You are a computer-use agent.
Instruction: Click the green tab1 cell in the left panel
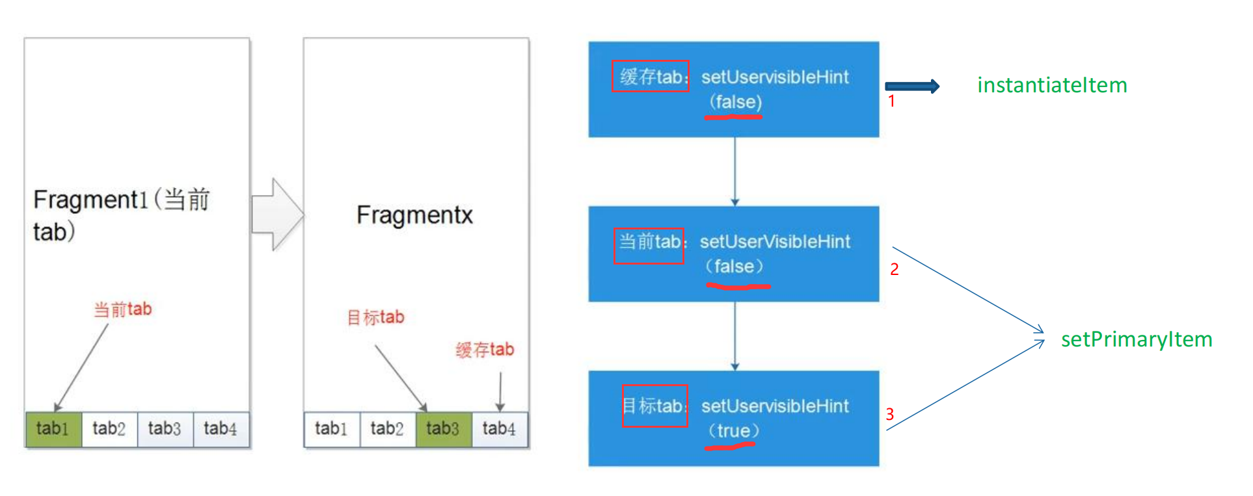coord(53,429)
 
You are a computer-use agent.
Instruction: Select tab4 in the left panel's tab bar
coord(221,429)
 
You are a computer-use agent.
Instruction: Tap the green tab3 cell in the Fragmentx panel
coord(443,429)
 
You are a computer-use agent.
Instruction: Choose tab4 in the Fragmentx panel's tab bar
coord(499,429)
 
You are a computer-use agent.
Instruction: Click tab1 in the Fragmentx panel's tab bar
coord(331,429)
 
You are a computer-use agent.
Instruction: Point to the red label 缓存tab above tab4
coord(485,350)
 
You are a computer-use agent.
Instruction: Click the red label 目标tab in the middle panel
coord(375,317)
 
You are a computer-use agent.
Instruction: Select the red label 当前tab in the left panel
coord(122,309)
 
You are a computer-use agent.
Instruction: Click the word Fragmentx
coord(414,215)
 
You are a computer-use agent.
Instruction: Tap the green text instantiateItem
coord(1051,85)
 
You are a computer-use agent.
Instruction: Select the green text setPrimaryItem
coord(1136,339)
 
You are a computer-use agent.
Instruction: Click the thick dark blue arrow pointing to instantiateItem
coord(912,86)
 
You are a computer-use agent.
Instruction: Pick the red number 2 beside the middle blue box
coord(895,269)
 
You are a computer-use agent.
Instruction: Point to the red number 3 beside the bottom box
coord(890,414)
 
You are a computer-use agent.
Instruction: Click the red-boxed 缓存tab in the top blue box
coord(650,77)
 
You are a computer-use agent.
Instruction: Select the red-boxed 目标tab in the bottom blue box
coord(654,406)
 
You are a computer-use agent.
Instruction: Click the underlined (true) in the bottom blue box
coord(733,431)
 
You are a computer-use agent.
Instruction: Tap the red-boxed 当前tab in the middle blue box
coord(649,242)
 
